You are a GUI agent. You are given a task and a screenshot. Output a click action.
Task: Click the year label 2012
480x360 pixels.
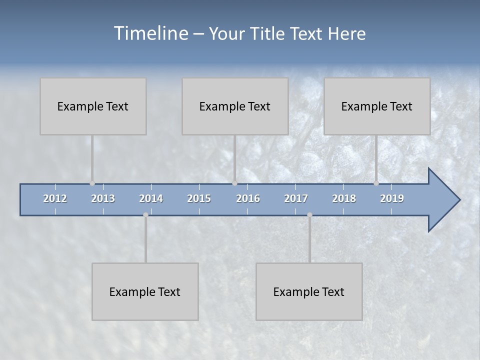click(x=55, y=198)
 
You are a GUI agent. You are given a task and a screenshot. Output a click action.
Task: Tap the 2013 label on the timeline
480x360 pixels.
click(x=103, y=198)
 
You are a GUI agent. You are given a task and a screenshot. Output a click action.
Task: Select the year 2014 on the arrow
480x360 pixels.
click(x=151, y=198)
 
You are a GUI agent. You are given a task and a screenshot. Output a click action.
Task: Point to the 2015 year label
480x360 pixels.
click(x=199, y=198)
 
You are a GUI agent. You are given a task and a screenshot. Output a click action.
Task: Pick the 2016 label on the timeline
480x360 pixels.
click(x=248, y=198)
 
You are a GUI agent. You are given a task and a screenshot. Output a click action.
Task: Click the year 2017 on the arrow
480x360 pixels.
click(x=296, y=198)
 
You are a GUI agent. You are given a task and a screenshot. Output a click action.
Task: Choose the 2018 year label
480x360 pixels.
click(x=344, y=198)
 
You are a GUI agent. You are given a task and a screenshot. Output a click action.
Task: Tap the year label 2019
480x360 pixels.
click(x=392, y=198)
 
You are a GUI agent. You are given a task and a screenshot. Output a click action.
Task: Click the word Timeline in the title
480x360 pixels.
click(x=150, y=33)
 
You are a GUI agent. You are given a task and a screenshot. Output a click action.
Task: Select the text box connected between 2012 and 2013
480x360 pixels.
click(x=93, y=106)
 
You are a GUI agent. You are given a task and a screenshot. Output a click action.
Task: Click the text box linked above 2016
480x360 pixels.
click(x=235, y=106)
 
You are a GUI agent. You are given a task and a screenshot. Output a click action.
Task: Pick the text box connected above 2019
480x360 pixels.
click(x=377, y=106)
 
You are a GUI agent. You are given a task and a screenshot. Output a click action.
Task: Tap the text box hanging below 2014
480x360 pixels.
click(x=145, y=291)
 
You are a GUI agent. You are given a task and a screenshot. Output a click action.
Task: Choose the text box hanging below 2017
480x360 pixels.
click(x=309, y=291)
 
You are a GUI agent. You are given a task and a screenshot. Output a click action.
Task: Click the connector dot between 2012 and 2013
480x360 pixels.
click(x=92, y=183)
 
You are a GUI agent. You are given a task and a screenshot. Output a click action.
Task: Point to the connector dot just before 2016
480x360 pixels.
click(x=234, y=183)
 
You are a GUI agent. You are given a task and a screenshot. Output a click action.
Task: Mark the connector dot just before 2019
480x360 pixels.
click(x=376, y=183)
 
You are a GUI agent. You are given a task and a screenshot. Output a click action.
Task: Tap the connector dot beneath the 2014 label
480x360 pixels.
click(x=145, y=215)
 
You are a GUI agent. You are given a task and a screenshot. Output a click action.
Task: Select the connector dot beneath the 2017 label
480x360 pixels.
click(x=309, y=215)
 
